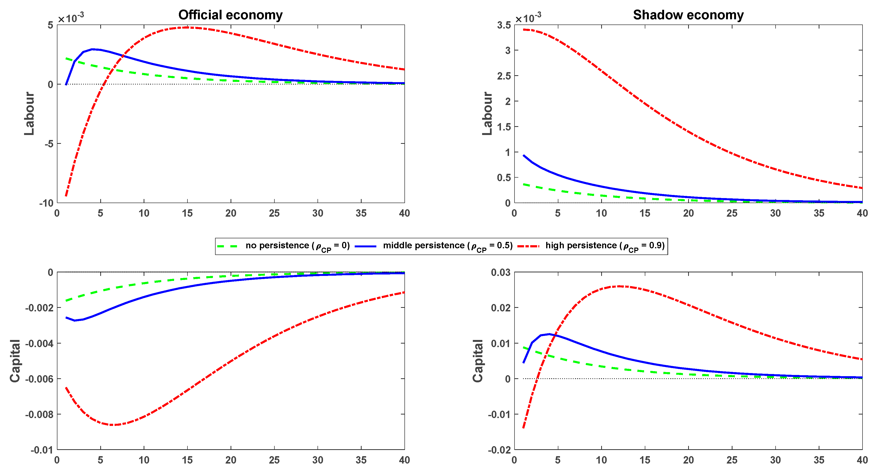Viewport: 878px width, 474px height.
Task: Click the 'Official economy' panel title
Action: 230,15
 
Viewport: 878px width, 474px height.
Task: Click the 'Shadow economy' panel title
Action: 688,15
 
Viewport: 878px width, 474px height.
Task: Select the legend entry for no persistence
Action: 283,246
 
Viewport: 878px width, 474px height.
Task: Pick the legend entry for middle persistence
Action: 434,246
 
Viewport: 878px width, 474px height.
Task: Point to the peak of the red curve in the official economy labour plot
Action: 187,27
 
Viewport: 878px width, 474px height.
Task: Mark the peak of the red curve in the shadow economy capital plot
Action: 619,286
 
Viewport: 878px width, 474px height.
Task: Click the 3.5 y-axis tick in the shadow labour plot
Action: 504,25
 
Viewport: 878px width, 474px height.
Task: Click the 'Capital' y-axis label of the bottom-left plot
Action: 15,361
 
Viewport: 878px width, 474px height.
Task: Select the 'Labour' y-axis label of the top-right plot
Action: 487,114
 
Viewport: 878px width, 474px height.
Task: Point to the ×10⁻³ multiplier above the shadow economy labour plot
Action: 528,17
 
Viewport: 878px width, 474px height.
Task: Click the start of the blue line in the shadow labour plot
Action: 524,155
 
